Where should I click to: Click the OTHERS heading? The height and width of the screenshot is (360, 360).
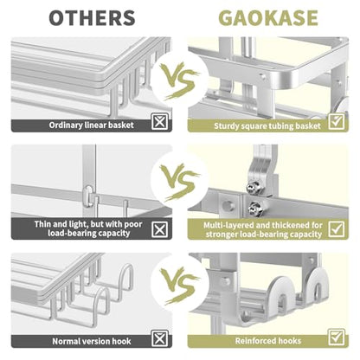tap(92, 18)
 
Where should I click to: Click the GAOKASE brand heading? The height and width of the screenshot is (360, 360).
tap(268, 18)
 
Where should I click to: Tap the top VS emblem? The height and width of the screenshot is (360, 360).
tap(180, 80)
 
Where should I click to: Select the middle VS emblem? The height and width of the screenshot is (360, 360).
tap(180, 182)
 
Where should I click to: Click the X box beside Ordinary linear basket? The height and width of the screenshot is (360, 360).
tap(159, 121)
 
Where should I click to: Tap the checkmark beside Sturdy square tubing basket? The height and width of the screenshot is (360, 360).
tap(337, 122)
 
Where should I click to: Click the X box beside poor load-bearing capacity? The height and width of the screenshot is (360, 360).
tap(159, 229)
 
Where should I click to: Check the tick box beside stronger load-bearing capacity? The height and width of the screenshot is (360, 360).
tap(337, 229)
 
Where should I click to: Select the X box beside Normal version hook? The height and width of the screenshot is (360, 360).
tap(159, 338)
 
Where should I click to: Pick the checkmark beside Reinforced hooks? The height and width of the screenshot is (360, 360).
tap(337, 337)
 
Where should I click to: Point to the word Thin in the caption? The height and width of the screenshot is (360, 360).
tap(42, 224)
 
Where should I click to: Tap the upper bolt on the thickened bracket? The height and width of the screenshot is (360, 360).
tap(254, 186)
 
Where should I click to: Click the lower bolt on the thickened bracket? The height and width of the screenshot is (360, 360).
tap(255, 207)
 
